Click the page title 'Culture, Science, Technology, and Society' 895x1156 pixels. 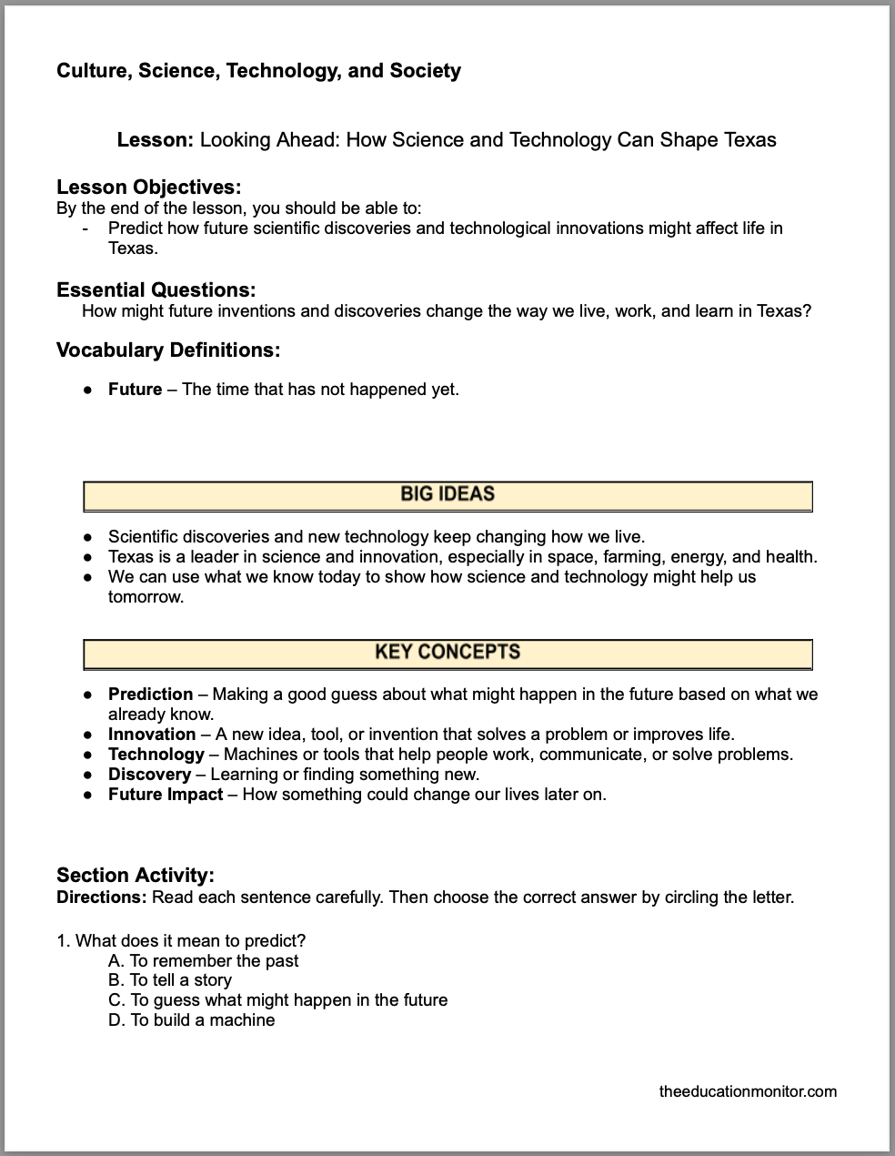click(x=258, y=71)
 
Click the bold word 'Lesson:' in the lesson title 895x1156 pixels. click(x=155, y=140)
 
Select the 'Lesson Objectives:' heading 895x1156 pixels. click(x=148, y=188)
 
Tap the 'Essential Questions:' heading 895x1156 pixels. click(x=156, y=290)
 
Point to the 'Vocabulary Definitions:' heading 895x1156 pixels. click(x=168, y=350)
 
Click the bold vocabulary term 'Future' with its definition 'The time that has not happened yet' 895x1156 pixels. click(x=135, y=390)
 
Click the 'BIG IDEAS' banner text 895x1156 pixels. click(x=447, y=494)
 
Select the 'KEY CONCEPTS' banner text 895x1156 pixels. click(x=447, y=652)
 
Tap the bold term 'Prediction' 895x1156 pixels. click(x=150, y=695)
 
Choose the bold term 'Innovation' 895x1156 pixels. click(x=152, y=735)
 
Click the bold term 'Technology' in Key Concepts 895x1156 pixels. click(x=156, y=755)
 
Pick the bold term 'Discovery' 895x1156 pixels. click(x=149, y=775)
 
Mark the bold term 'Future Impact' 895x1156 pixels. click(x=165, y=795)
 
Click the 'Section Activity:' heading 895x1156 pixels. click(x=136, y=876)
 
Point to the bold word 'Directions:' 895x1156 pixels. click(x=101, y=897)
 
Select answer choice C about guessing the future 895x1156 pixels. click(x=277, y=1000)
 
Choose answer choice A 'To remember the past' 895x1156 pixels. click(x=203, y=960)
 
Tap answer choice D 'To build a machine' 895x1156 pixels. click(x=191, y=1020)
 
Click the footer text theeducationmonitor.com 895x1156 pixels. click(x=748, y=1091)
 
